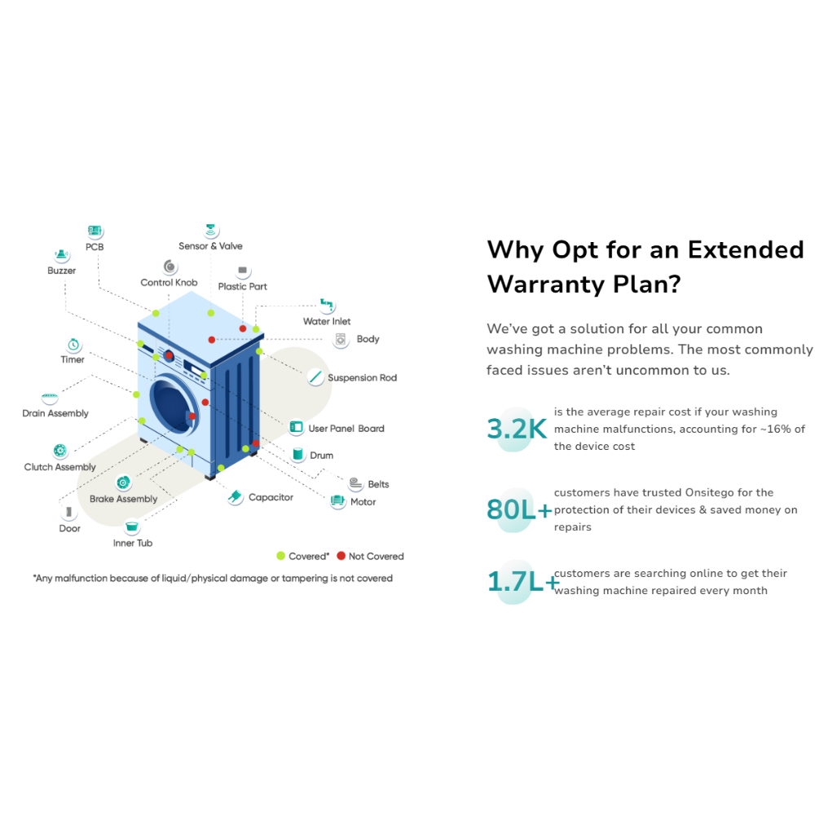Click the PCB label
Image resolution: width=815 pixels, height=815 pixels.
click(95, 247)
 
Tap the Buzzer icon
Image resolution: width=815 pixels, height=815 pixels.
click(62, 255)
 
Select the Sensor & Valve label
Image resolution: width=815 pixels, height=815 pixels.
click(210, 246)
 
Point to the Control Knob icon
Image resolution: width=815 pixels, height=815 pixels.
click(170, 267)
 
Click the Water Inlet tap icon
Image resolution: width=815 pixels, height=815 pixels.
click(327, 306)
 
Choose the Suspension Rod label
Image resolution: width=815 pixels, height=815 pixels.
click(362, 378)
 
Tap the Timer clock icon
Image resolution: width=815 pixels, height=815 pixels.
click(73, 345)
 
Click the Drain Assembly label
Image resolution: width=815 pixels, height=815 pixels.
click(55, 413)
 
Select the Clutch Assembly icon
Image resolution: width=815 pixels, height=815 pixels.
click(60, 451)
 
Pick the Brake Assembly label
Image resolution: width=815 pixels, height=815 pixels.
click(124, 499)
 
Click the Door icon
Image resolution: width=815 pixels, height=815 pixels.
click(69, 513)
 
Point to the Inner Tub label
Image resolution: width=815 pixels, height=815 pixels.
click(133, 543)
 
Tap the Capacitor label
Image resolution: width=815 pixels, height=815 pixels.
click(271, 497)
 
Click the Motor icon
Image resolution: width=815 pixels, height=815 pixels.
click(337, 501)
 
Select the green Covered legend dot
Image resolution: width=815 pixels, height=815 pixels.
click(281, 556)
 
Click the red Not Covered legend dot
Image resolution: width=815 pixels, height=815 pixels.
click(341, 556)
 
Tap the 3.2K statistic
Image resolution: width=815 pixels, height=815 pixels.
click(517, 428)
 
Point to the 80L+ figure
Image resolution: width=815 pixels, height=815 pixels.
click(519, 509)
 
